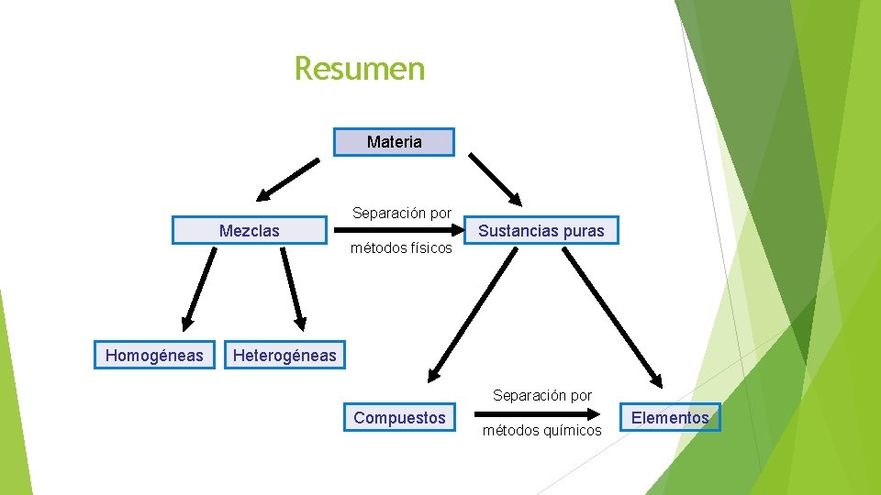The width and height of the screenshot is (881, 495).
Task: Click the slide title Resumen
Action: pyautogui.click(x=360, y=69)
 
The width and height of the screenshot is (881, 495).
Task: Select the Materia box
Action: pyautogui.click(x=394, y=142)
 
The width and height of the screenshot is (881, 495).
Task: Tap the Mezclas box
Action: pyautogui.click(x=250, y=231)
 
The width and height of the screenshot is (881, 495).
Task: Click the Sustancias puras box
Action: pyautogui.click(x=541, y=231)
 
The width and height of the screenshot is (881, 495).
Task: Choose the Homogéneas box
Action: pyautogui.click(x=154, y=355)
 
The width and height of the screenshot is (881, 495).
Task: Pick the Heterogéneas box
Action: pyautogui.click(x=284, y=355)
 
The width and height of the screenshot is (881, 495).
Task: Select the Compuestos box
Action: pyautogui.click(x=399, y=418)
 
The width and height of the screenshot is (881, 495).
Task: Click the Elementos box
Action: pyautogui.click(x=670, y=418)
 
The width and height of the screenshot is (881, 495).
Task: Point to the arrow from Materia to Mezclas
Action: pyautogui.click(x=288, y=179)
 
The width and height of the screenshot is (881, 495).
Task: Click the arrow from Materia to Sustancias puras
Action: pyautogui.click(x=496, y=179)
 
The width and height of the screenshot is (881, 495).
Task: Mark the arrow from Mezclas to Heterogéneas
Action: pyautogui.click(x=293, y=287)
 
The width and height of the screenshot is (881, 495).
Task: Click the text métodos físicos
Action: pyautogui.click(x=401, y=248)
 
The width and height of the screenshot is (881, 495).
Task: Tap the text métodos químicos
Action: pyautogui.click(x=542, y=431)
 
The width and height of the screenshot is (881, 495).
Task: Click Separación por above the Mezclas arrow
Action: pyautogui.click(x=402, y=214)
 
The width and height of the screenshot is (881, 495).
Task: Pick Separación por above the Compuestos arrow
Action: pyautogui.click(x=542, y=396)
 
